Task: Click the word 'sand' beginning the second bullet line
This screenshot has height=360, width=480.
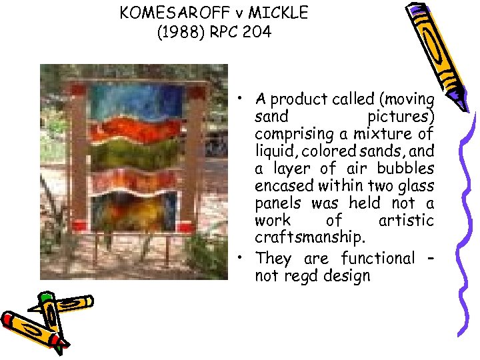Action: point(271,117)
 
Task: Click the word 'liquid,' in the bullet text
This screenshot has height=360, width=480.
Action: point(275,151)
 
